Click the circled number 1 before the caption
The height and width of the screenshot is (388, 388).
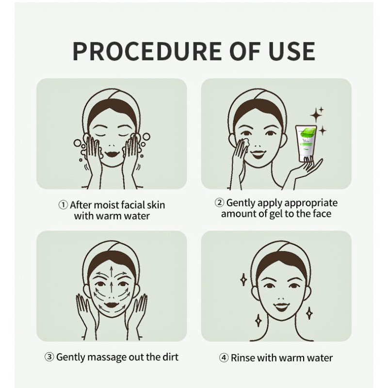pyautogui.click(x=63, y=205)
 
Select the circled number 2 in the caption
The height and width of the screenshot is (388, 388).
pyautogui.click(x=219, y=203)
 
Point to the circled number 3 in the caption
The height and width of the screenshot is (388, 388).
pyautogui.click(x=49, y=357)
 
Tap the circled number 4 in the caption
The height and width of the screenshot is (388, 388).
pyautogui.click(x=224, y=358)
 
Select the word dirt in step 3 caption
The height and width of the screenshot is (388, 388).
pyautogui.click(x=169, y=357)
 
